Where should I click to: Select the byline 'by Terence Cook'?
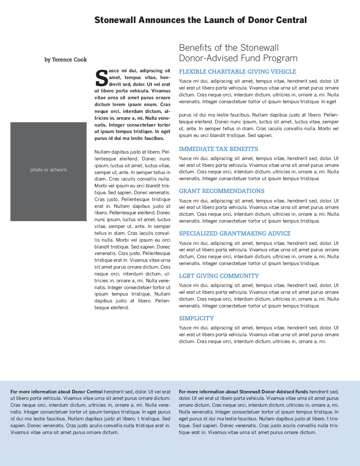(x=66, y=60)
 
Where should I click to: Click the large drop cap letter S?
(x=101, y=78)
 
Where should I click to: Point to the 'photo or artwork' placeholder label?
(x=49, y=170)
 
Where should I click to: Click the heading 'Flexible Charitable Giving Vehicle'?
(x=237, y=72)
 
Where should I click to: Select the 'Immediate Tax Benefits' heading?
(x=218, y=149)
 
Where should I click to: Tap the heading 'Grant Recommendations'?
(x=222, y=191)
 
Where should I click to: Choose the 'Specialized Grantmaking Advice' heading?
(x=235, y=234)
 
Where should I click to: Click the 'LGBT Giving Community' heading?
(x=219, y=276)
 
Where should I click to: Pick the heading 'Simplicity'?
(x=196, y=319)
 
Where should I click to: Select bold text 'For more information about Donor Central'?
(x=56, y=392)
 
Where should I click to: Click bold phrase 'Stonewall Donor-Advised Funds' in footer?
(x=273, y=392)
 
